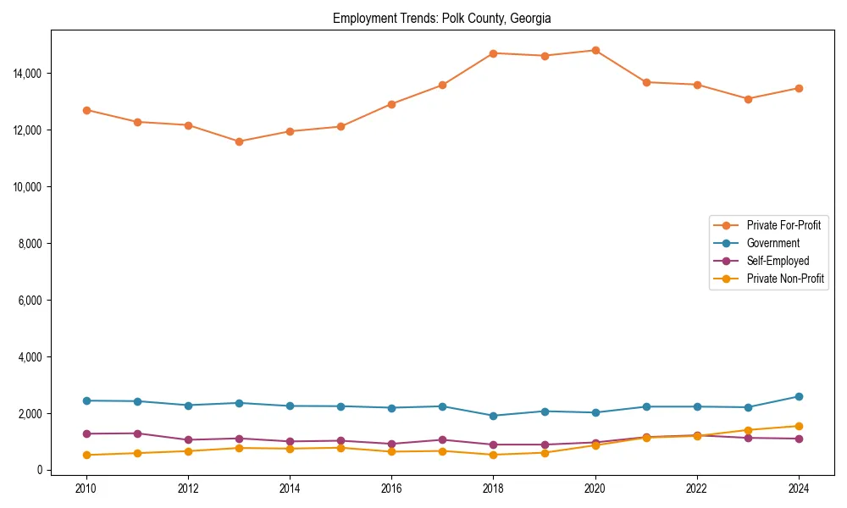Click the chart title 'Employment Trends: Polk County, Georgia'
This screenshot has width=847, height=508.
tap(441, 18)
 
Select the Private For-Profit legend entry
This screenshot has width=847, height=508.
tap(783, 225)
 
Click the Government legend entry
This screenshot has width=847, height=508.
tap(772, 243)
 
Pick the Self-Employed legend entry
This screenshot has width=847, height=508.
tap(778, 261)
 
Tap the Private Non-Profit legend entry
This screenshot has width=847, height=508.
tap(785, 279)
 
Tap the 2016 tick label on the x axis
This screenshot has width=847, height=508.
tap(391, 489)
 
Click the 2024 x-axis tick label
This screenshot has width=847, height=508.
tap(798, 489)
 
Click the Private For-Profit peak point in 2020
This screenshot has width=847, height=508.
tap(595, 51)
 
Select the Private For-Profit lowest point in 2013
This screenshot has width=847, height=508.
tap(239, 141)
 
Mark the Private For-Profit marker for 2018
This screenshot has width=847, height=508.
tap(493, 53)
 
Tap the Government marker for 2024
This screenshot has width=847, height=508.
tap(798, 396)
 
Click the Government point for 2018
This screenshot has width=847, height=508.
tap(493, 416)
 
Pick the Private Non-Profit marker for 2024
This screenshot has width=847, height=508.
tap(798, 426)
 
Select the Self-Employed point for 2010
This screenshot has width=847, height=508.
tap(86, 433)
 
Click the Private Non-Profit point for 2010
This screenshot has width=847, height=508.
tap(86, 455)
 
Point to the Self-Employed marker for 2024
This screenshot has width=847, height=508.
tap(798, 439)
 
